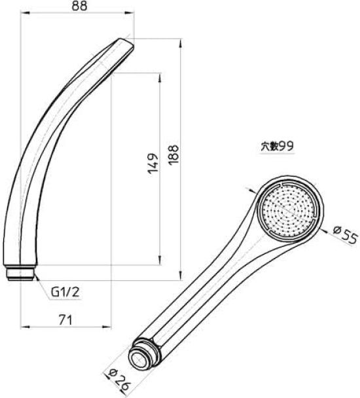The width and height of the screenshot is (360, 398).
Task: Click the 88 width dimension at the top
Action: tap(78, 7)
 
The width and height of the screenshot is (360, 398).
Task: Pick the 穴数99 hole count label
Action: tap(276, 147)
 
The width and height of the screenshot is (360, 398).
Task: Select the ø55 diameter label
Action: tap(344, 234)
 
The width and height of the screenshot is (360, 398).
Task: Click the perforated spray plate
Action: tap(287, 210)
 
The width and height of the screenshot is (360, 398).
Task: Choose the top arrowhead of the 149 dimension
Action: tap(159, 75)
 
